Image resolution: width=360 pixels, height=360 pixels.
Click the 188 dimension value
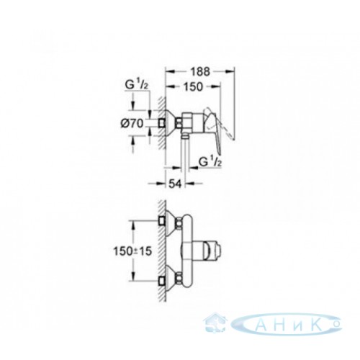pos(200,71)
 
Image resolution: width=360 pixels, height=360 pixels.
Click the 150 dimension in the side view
pos(193,86)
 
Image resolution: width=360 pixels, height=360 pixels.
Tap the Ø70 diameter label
pos(132,124)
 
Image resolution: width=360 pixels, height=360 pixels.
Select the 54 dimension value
pos(176,184)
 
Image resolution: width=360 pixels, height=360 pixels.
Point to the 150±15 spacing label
pos(132,251)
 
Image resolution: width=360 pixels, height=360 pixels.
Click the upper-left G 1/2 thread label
pos(136,86)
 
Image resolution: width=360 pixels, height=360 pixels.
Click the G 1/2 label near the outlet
pos(210,163)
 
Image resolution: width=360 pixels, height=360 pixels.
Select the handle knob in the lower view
pos(212,251)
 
